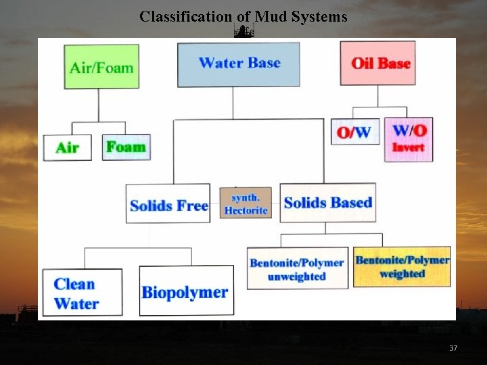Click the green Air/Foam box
[101, 67]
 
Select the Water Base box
[239, 64]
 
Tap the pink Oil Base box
[377, 64]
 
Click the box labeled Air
[67, 147]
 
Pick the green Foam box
[126, 147]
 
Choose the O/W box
[354, 132]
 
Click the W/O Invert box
[409, 139]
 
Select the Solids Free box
[168, 203]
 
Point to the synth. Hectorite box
[246, 203]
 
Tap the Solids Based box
[328, 202]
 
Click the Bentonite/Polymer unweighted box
[297, 268]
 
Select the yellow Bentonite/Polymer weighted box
[402, 266]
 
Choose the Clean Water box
[83, 293]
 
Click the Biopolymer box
[186, 291]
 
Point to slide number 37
[453, 348]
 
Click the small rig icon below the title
[243, 30]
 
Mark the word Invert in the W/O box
[409, 147]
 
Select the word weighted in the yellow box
[402, 274]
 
